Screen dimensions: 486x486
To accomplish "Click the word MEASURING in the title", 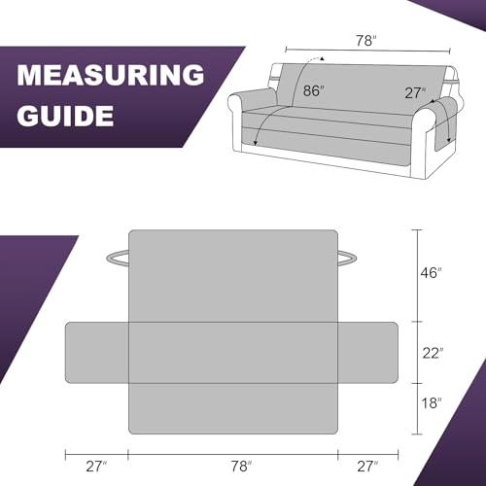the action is [111, 75].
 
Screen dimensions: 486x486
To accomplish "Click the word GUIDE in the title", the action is [65, 116].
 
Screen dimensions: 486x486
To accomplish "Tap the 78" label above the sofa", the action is [366, 41].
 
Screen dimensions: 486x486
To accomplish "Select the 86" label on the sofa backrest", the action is [313, 90].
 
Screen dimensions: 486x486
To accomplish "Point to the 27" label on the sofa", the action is [415, 93].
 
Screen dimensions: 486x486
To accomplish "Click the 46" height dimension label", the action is [431, 273].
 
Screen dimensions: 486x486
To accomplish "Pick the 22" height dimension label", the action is [433, 353].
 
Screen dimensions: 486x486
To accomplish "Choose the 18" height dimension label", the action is [432, 403].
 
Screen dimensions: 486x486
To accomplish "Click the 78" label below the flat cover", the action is [241, 467].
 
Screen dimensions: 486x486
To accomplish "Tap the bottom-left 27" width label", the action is [96, 467].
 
